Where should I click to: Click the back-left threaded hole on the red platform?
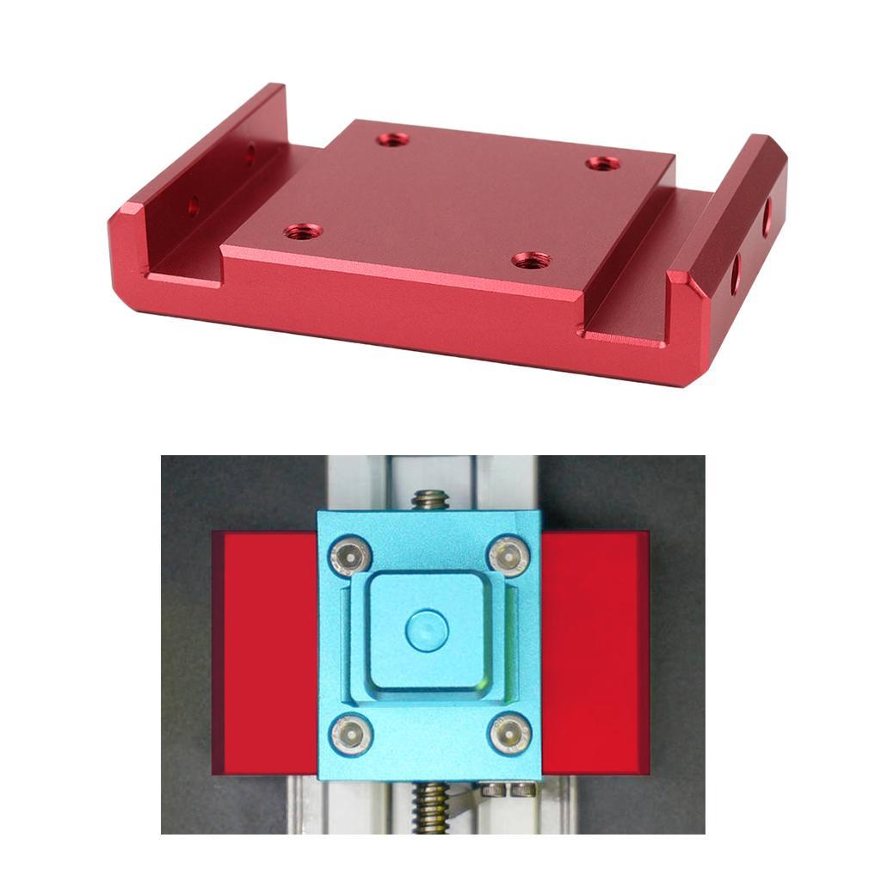[x=392, y=139]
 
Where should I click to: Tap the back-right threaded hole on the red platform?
[x=603, y=163]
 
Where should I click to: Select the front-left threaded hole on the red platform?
[x=303, y=231]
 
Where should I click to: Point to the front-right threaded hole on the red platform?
[x=530, y=259]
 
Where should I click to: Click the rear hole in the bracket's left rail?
[x=250, y=155]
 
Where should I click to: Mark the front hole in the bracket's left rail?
[x=194, y=206]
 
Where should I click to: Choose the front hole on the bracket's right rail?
[x=736, y=273]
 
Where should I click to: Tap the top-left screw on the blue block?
[x=349, y=556]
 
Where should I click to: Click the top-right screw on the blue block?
[x=509, y=556]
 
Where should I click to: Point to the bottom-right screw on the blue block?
[x=509, y=734]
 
